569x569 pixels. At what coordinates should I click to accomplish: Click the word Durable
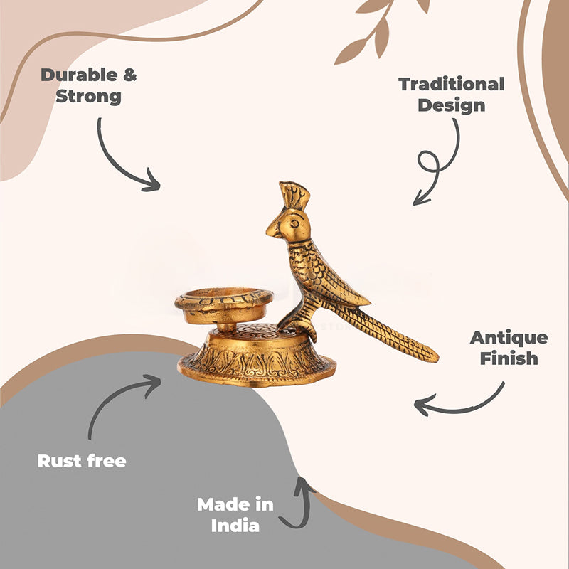pyautogui.click(x=79, y=75)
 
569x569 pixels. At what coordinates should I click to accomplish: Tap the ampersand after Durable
pyautogui.click(x=130, y=75)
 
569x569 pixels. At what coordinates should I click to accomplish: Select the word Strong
pyautogui.click(x=88, y=97)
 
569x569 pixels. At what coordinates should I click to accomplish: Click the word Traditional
pyautogui.click(x=451, y=84)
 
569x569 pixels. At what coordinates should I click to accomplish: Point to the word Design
pyautogui.click(x=451, y=105)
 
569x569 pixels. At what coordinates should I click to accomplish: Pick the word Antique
pyautogui.click(x=509, y=337)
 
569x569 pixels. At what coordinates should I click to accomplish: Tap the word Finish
pyautogui.click(x=509, y=358)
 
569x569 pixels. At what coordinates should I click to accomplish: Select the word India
pyautogui.click(x=235, y=526)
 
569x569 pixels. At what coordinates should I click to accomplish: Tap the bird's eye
pyautogui.click(x=294, y=223)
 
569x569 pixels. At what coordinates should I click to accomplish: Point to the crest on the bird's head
pyautogui.click(x=294, y=195)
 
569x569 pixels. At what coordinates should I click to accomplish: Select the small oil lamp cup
pyautogui.click(x=223, y=306)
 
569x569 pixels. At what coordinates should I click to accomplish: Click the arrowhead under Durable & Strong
pyautogui.click(x=152, y=181)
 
